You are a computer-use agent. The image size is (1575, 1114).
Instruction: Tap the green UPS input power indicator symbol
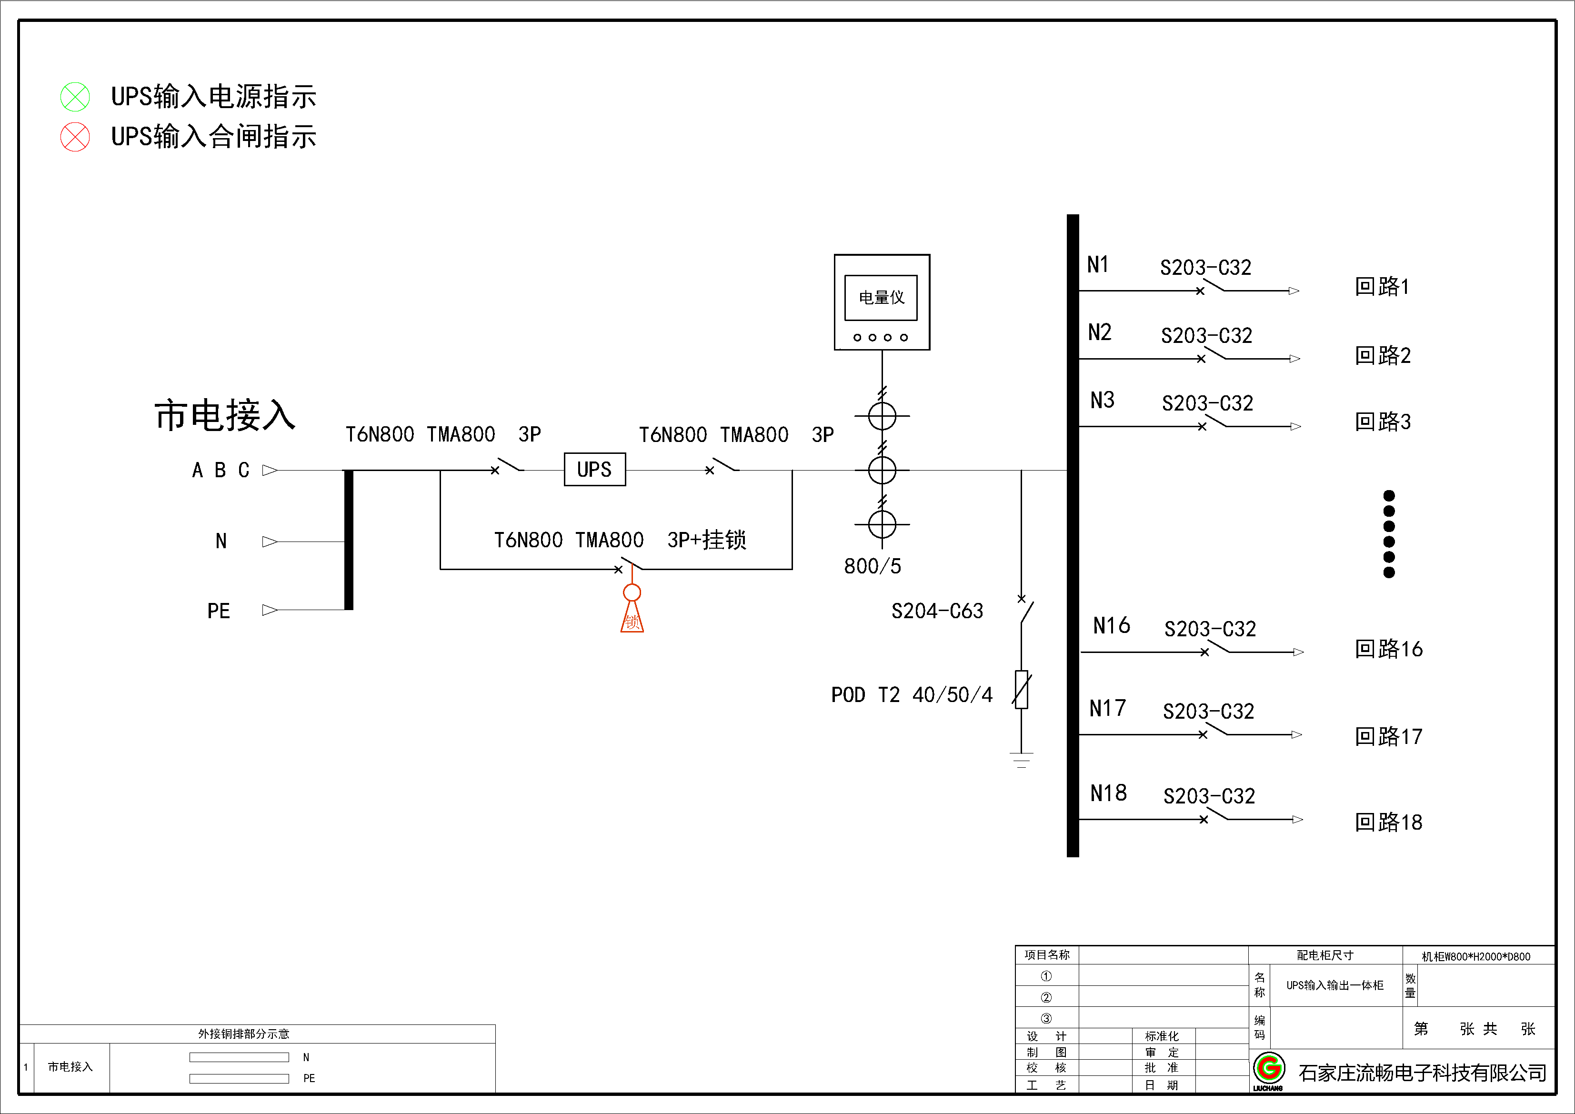click(75, 97)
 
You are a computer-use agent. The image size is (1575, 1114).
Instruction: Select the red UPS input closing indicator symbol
click(75, 137)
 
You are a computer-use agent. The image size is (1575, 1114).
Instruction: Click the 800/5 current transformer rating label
click(872, 566)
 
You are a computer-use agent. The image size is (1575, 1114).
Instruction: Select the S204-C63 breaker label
click(936, 611)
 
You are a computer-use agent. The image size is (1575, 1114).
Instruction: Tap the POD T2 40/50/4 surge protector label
click(911, 695)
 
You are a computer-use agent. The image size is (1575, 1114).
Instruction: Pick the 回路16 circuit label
click(1388, 649)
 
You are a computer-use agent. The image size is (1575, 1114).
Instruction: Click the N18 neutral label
click(1108, 793)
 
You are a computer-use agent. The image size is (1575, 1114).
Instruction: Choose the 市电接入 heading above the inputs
click(225, 416)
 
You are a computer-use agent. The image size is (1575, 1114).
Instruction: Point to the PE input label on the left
click(219, 611)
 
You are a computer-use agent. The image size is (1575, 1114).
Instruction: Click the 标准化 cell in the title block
click(1161, 1036)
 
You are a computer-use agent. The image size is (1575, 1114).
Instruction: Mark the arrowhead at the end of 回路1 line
click(1293, 291)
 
